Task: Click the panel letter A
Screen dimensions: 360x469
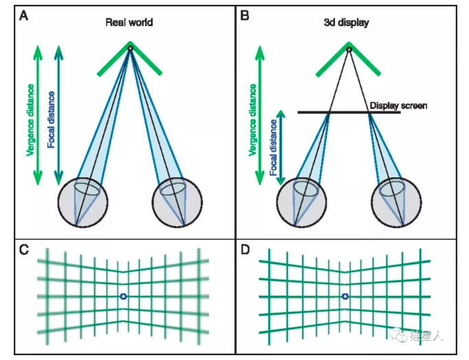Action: (x=23, y=16)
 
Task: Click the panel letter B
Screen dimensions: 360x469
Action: (x=244, y=16)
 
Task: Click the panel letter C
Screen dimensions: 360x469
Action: (x=23, y=249)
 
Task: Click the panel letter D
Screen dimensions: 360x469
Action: (x=244, y=249)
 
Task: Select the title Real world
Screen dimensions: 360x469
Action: (x=129, y=22)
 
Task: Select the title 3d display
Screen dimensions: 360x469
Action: (x=349, y=22)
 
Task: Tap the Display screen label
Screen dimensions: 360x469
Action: (x=399, y=106)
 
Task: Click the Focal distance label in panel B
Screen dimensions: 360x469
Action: (x=273, y=147)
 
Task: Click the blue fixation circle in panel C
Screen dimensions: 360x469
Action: (x=123, y=296)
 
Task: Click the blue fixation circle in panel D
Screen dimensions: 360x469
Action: (x=345, y=296)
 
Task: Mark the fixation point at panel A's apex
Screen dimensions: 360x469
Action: (x=129, y=48)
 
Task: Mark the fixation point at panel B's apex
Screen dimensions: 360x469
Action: (x=349, y=49)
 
